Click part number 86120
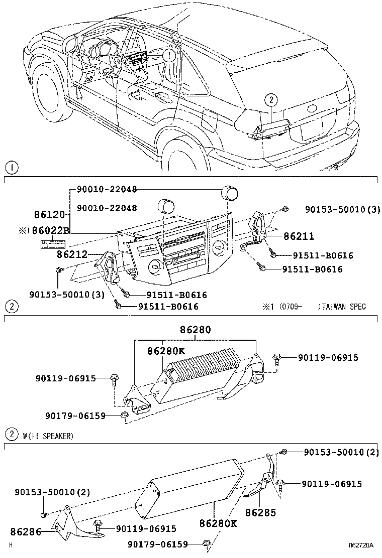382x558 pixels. click(x=49, y=215)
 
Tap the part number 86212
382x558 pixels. click(x=72, y=254)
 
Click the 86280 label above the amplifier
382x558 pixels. click(x=196, y=330)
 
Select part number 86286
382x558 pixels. click(x=25, y=530)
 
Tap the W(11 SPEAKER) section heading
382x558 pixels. click(x=48, y=436)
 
